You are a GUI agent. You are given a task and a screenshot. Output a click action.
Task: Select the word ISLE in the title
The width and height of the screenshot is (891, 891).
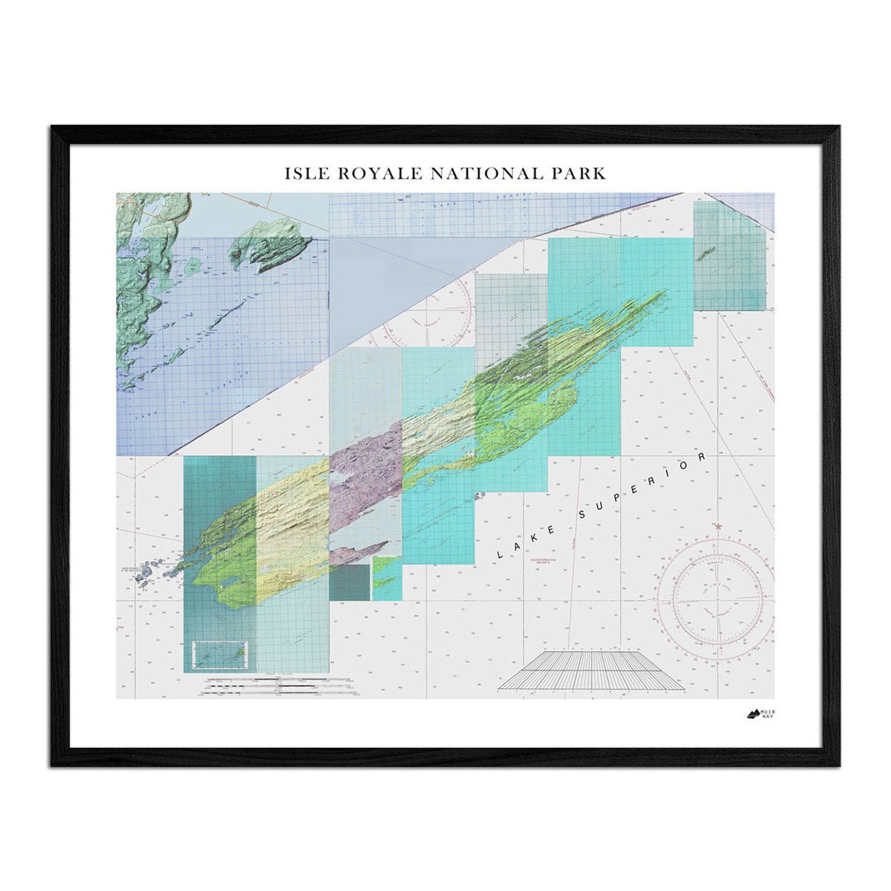coord(304,174)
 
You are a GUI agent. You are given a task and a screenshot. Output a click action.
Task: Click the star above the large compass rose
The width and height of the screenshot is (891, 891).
coord(718,526)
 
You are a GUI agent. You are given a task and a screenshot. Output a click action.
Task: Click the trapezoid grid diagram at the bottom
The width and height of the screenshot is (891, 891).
coord(590,670)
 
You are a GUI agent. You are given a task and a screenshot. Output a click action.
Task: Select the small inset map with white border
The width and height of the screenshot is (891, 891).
coord(220,653)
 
